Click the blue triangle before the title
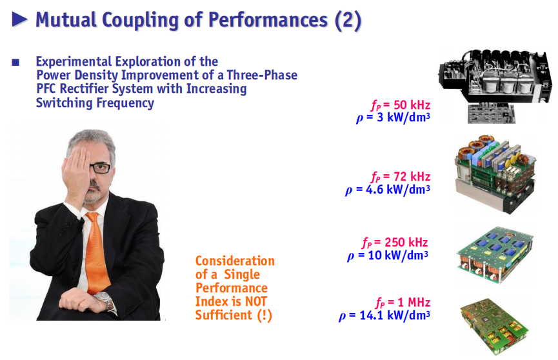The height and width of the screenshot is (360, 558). tap(19, 19)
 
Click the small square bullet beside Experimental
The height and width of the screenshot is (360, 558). tap(15, 63)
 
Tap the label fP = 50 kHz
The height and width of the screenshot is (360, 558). tap(401, 105)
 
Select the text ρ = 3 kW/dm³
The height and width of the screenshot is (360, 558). tap(393, 117)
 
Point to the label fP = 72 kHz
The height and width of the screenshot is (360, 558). tap(401, 177)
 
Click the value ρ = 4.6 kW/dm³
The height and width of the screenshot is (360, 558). tap(388, 190)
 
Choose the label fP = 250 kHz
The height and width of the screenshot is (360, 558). tap(395, 243)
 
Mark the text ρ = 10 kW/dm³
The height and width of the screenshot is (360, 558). tap(388, 255)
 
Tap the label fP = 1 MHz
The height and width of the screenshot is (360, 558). tap(403, 303)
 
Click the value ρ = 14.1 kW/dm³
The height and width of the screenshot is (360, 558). tap(384, 315)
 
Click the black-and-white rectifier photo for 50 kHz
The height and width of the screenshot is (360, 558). tap(495, 86)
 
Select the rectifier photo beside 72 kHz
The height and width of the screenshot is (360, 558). tap(495, 174)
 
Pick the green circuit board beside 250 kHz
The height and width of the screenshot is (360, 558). tap(495, 254)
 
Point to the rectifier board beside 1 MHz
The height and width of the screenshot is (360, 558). tap(494, 326)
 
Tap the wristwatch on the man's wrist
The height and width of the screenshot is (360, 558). tap(104, 300)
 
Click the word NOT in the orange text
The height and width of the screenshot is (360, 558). tap(256, 301)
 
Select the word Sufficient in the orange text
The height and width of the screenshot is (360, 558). tap(224, 315)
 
